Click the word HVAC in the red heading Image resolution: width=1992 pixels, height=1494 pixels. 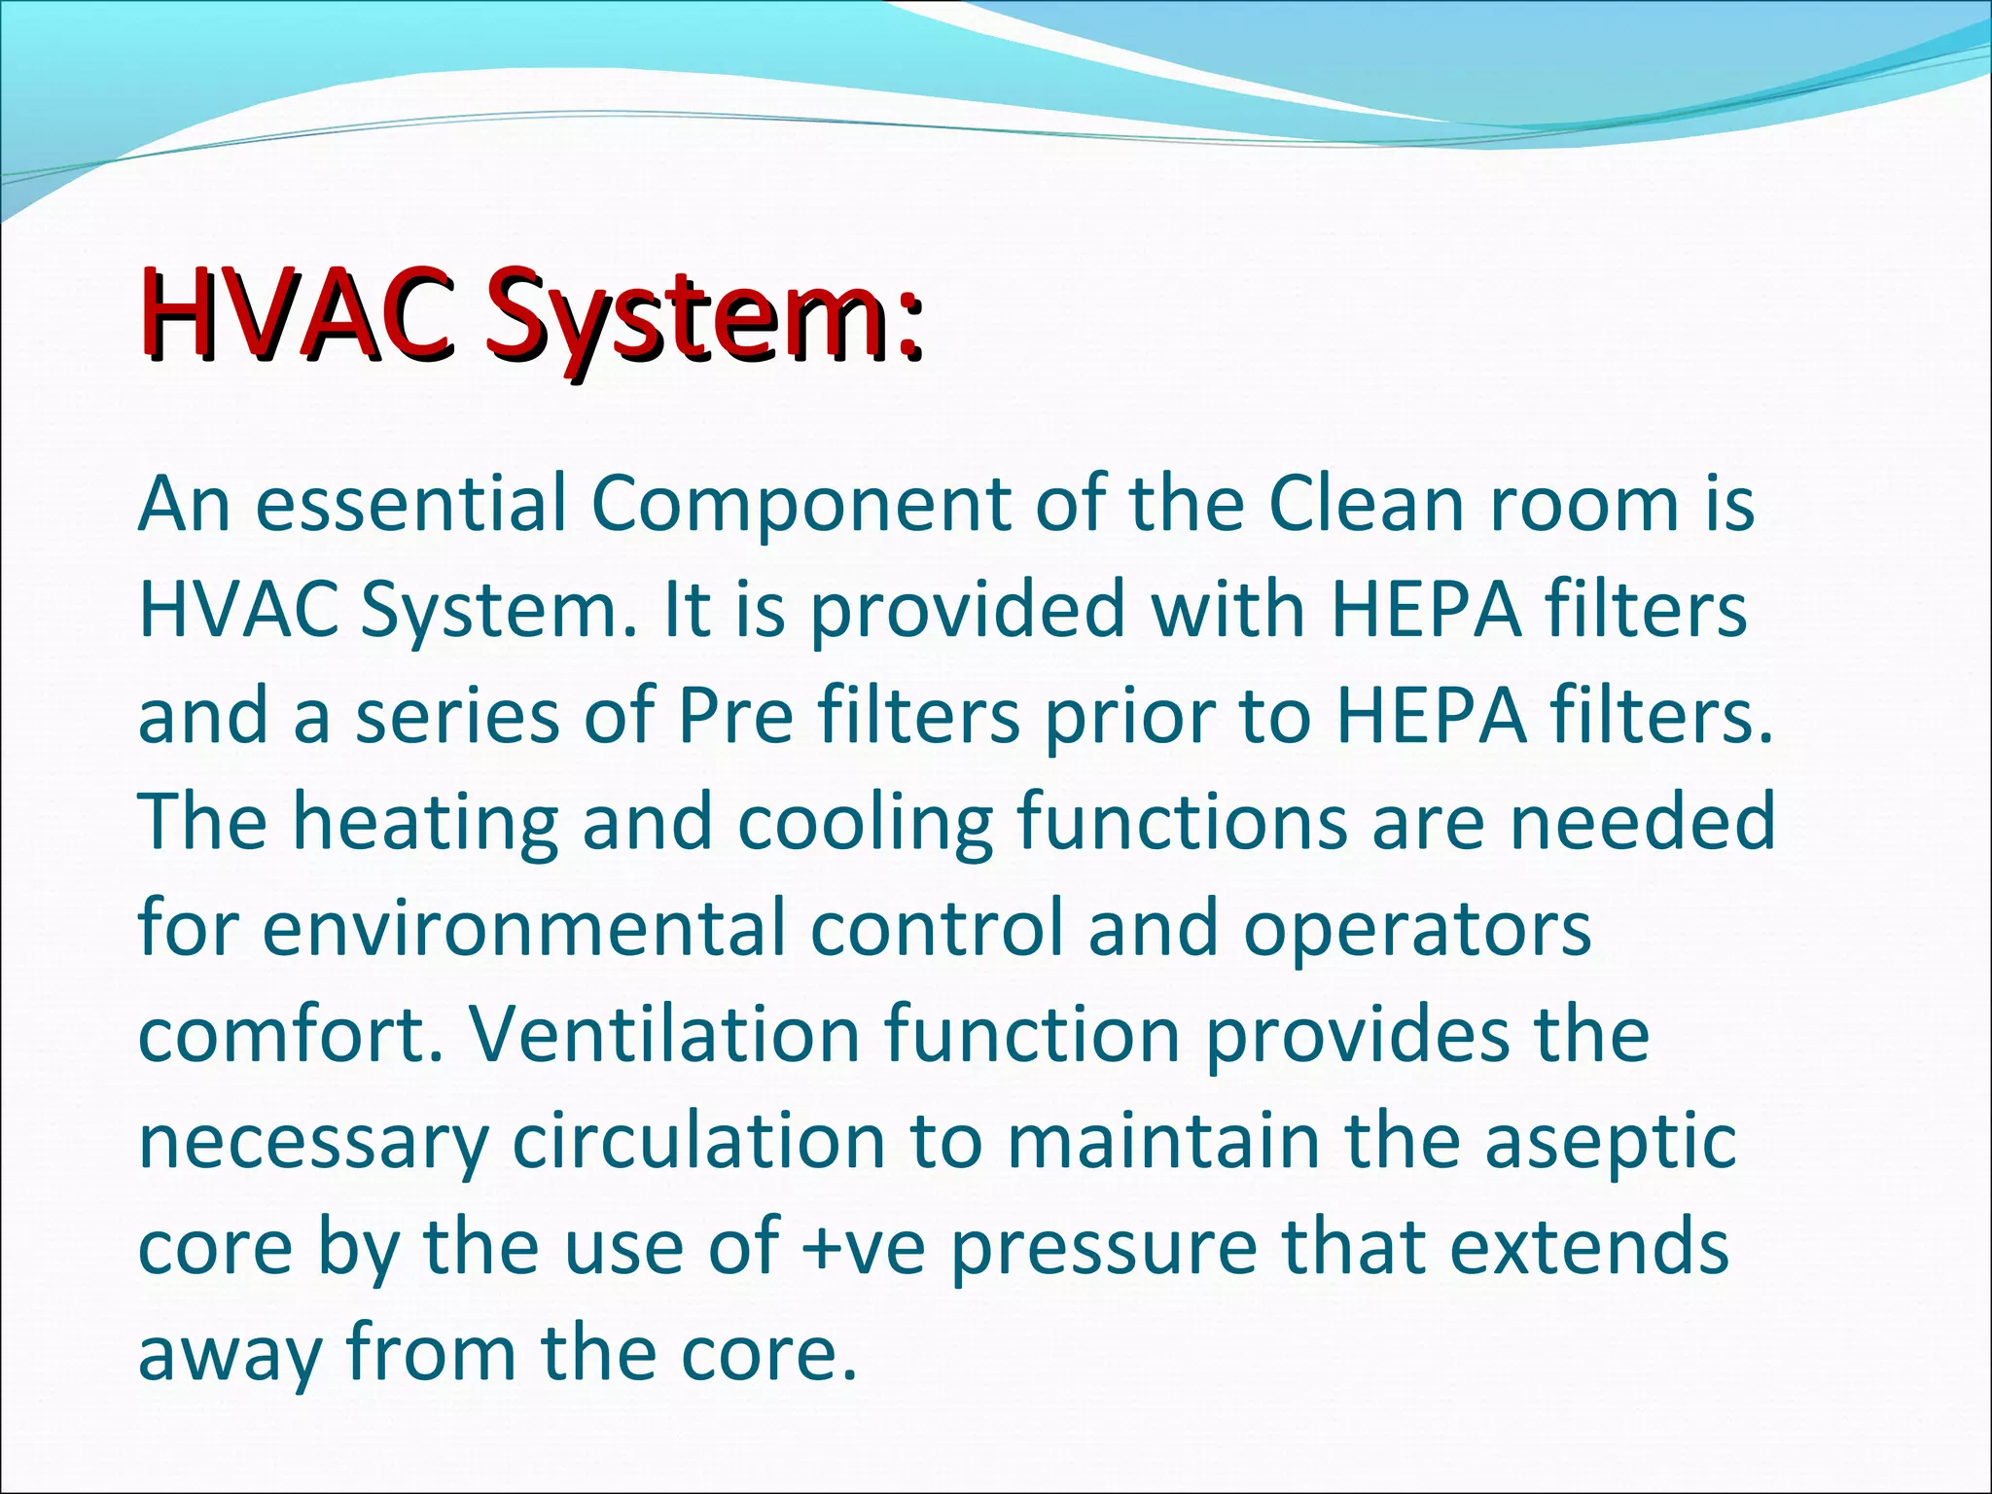coord(297,314)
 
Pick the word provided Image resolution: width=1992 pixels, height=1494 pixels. coord(966,611)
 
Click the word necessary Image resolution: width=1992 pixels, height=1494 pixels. coord(312,1144)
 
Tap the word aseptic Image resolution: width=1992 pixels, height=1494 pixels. coord(1610,1144)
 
